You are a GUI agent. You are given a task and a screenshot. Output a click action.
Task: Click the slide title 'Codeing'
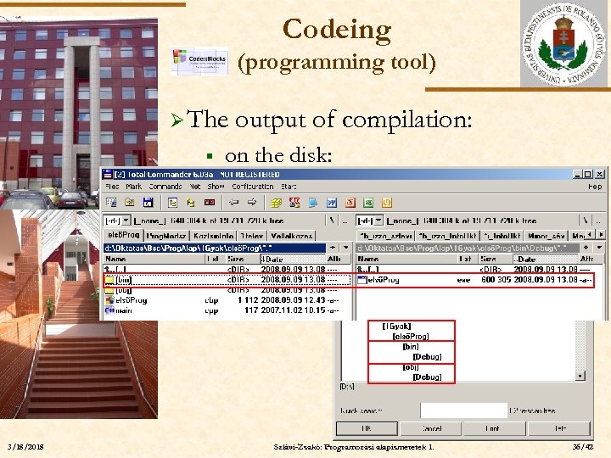[x=336, y=30]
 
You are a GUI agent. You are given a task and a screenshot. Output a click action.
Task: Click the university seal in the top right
[x=563, y=43]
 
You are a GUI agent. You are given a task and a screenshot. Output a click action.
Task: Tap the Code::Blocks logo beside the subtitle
[x=199, y=61]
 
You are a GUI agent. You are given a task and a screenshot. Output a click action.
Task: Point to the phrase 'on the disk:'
[x=280, y=154]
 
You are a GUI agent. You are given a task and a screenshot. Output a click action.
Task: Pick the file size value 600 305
[x=497, y=278]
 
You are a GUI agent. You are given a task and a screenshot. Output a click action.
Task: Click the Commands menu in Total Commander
[x=165, y=187]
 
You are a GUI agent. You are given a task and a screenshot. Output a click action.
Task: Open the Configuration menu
[x=252, y=187]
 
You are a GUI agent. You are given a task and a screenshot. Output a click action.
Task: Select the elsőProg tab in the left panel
[x=123, y=235]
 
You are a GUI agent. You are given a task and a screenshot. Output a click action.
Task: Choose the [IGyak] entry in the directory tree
[x=397, y=326]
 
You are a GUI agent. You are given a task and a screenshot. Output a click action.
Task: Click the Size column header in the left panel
[x=236, y=259]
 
